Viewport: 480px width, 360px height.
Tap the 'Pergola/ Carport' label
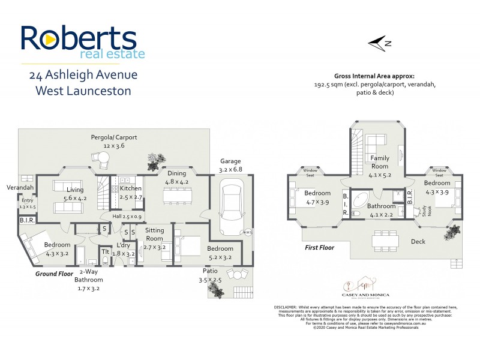point(114,137)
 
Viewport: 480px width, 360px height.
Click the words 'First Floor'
point(319,247)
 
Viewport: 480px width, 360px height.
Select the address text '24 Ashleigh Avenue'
point(83,75)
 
